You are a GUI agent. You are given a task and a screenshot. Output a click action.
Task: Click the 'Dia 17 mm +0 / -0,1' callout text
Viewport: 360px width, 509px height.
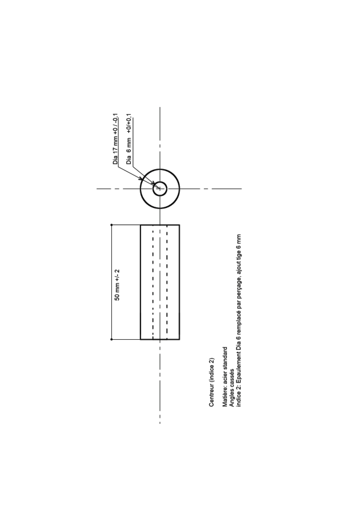pyautogui.click(x=116, y=139)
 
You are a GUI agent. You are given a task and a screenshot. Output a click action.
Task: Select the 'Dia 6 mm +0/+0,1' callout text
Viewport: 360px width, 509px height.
pyautogui.click(x=129, y=139)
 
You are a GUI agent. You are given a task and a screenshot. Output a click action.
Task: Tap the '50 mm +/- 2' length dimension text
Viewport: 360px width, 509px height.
pyautogui.click(x=117, y=285)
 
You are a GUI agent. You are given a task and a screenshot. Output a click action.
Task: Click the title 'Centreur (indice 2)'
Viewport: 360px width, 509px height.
pyautogui.click(x=212, y=383)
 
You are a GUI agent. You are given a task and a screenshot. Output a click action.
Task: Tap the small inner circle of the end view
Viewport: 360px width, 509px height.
pyautogui.click(x=160, y=182)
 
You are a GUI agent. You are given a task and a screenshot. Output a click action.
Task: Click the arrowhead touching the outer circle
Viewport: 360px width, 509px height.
pyautogui.click(x=141, y=178)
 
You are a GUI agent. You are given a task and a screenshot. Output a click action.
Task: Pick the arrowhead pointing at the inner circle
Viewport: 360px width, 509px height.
pyautogui.click(x=153, y=183)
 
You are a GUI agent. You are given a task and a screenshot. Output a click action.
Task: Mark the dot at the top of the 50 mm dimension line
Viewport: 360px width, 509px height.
pyautogui.click(x=111, y=225)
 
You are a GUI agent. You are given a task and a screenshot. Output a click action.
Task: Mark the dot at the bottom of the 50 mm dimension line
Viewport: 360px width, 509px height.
pyautogui.click(x=111, y=340)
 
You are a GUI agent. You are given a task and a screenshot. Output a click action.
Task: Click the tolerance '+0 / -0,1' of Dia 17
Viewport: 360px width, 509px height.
pyautogui.click(x=116, y=125)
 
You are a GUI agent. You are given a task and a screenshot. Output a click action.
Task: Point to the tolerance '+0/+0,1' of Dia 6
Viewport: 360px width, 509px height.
pyautogui.click(x=129, y=123)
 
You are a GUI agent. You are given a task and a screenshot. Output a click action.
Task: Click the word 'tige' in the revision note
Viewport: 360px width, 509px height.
pyautogui.click(x=239, y=258)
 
